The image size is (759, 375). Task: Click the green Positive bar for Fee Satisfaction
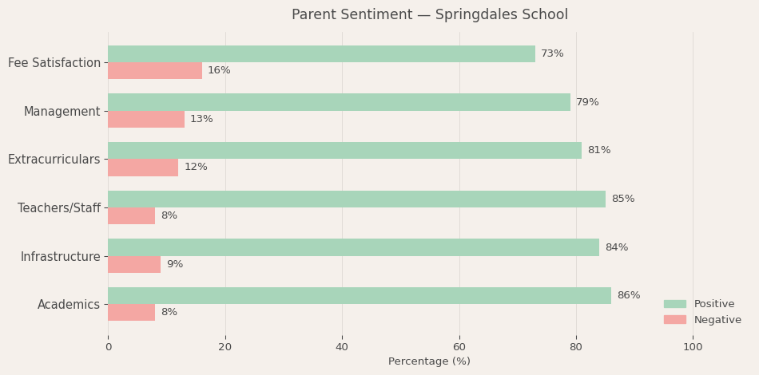321,53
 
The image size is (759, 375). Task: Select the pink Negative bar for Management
146,119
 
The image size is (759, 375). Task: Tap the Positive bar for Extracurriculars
344,150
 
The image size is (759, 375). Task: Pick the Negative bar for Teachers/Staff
131,215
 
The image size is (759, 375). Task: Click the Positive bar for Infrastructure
353,247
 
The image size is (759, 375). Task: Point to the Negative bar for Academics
131,312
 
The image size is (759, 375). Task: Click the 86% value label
628,295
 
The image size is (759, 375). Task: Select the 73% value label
552,53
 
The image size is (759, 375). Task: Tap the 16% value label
219,70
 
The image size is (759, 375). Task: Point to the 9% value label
174,264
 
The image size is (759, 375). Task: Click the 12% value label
196,167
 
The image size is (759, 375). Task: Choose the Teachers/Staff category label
59,207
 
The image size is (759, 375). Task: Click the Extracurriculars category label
54,160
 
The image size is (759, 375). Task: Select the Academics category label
69,304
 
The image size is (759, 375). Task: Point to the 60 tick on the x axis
459,347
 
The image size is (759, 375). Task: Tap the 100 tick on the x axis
693,347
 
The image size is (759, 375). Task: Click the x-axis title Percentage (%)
429,361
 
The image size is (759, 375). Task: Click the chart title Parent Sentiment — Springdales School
430,14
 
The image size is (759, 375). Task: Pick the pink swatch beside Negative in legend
674,319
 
